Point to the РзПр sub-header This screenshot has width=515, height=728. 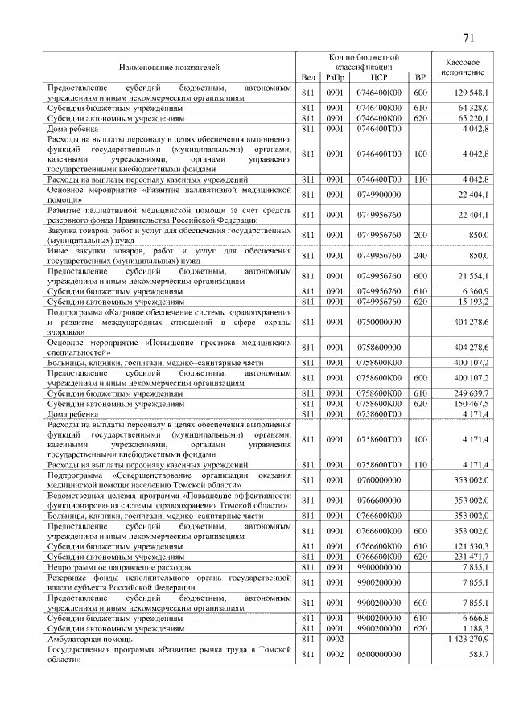(x=334, y=77)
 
